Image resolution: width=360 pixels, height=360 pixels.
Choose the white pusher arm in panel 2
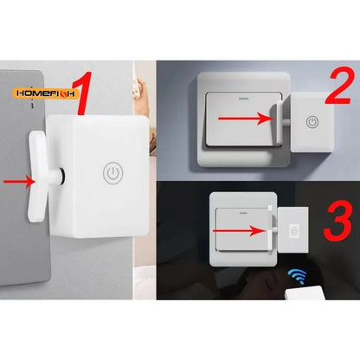point(274,120)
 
